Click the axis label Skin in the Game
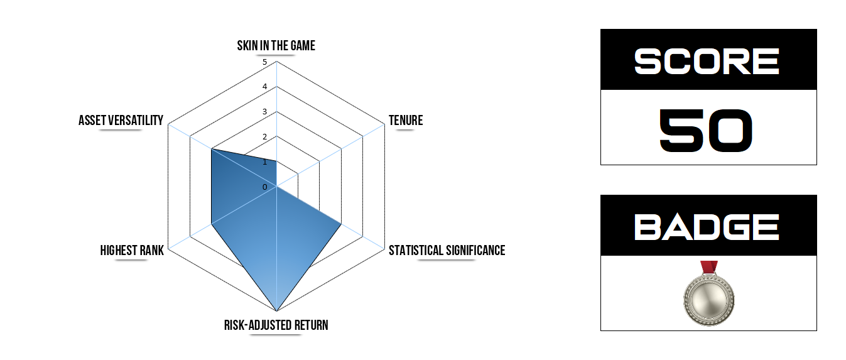(x=276, y=46)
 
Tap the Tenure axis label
(x=405, y=121)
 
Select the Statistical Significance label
(x=447, y=251)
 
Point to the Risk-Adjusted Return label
(x=276, y=325)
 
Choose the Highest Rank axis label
(x=132, y=251)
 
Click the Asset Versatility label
(x=121, y=121)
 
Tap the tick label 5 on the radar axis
(x=265, y=62)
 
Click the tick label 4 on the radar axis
(x=265, y=87)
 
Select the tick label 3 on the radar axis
(x=265, y=112)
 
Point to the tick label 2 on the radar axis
(x=265, y=137)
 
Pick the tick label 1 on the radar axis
(x=265, y=162)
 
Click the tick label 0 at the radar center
(x=265, y=187)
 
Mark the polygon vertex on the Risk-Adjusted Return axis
(x=276, y=311)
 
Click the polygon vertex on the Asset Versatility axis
(x=212, y=150)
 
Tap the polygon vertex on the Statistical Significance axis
(x=341, y=224)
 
